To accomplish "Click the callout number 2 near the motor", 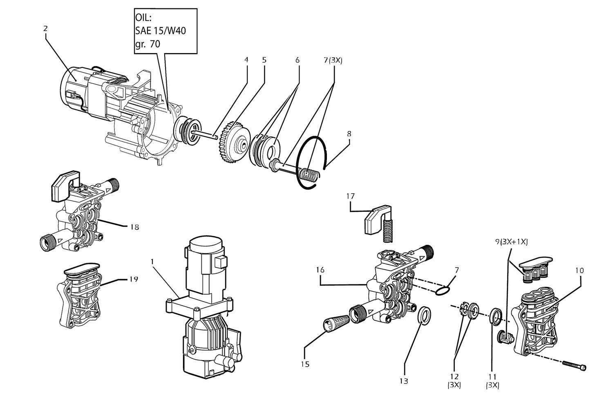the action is click(45, 29).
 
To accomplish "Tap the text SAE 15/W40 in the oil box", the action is click(160, 31).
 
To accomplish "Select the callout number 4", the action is click(246, 60).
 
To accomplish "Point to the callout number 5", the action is click(264, 60).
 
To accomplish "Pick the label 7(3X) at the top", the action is click(333, 60).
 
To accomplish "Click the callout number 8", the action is click(349, 134).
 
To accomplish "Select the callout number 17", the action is click(350, 196).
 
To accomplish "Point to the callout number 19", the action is click(134, 279).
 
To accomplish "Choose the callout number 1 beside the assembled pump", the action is click(152, 262).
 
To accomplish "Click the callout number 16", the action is click(320, 270).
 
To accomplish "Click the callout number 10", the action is click(579, 271).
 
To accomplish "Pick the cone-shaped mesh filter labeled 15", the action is click(337, 323).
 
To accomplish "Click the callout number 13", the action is click(404, 381).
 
